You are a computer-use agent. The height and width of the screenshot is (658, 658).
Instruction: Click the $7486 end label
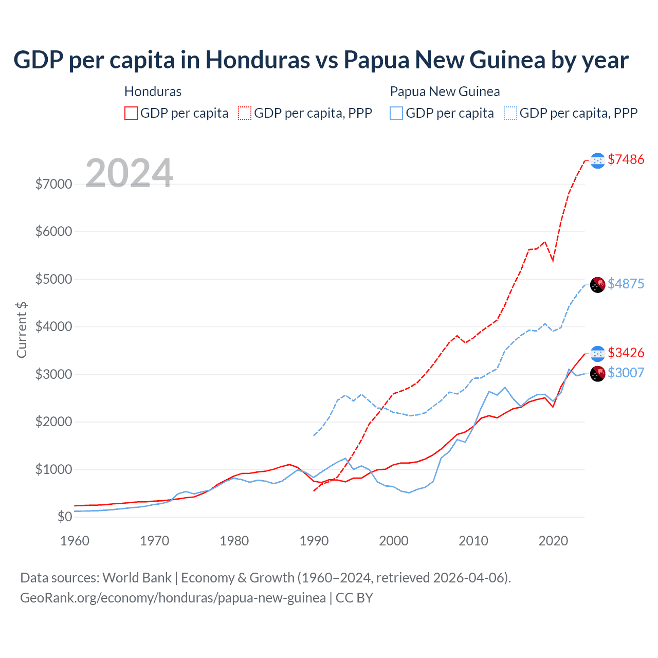(x=626, y=159)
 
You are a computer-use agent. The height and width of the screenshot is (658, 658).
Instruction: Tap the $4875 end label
(x=626, y=284)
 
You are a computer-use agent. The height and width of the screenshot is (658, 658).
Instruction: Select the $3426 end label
(x=626, y=353)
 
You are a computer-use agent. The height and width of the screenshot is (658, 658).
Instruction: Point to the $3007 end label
(x=626, y=373)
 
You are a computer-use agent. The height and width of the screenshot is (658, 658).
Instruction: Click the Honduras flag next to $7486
(x=597, y=161)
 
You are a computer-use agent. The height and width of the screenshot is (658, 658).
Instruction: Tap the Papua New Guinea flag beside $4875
(x=597, y=285)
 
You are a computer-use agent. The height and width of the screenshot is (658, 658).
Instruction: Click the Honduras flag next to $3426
(x=597, y=354)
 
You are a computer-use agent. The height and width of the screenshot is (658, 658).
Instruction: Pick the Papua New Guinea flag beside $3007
(x=597, y=374)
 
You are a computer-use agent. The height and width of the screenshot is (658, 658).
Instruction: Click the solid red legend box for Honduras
(x=131, y=113)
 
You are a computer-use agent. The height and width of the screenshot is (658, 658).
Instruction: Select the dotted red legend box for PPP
(x=245, y=113)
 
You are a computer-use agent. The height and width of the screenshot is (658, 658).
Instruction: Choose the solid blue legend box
(x=396, y=113)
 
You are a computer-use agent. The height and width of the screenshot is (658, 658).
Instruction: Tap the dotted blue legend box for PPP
(x=510, y=113)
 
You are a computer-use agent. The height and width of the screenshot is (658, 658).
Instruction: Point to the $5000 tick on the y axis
(x=53, y=279)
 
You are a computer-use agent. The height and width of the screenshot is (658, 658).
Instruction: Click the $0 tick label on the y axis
(x=64, y=517)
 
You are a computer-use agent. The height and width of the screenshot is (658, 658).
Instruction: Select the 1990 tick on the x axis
(x=314, y=541)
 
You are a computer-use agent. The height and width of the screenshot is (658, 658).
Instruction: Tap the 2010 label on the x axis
(x=473, y=541)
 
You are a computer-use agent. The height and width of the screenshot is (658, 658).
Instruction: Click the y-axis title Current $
(x=22, y=330)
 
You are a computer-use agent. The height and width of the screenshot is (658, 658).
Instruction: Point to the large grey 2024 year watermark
(x=129, y=173)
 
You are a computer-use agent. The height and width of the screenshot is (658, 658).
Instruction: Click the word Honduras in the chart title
(x=258, y=60)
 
